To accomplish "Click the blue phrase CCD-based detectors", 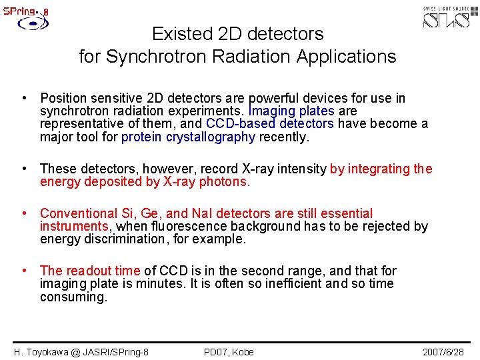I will pyautogui.click(x=270, y=124).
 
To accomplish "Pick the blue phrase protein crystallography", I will pyautogui.click(x=189, y=137).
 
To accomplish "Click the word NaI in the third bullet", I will pyautogui.click(x=203, y=214).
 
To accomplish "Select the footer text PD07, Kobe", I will pyautogui.click(x=229, y=351).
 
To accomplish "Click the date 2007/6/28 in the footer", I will pyautogui.click(x=443, y=351).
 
